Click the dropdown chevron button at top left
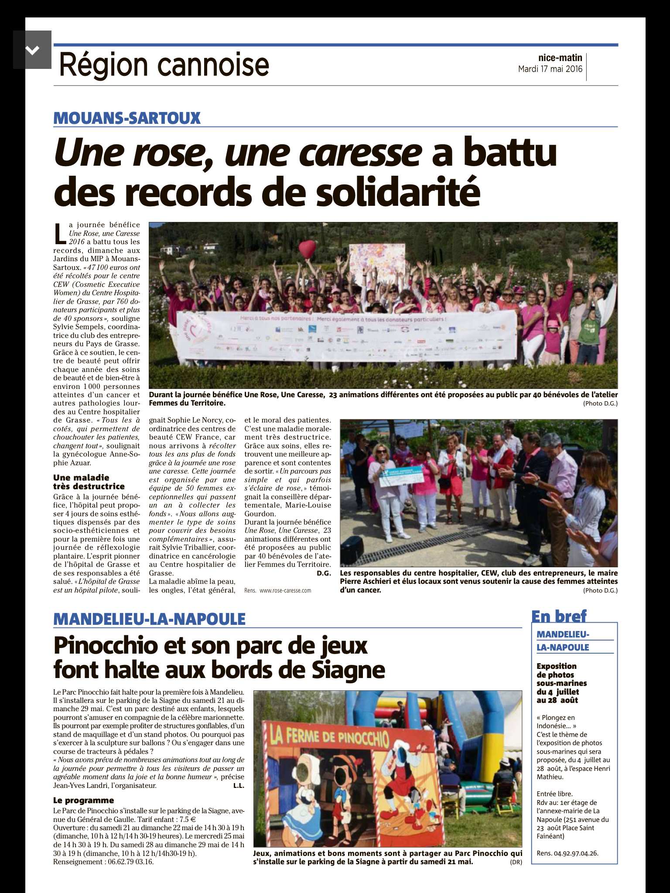point(32,50)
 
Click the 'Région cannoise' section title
point(164,65)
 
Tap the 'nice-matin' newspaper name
point(560,58)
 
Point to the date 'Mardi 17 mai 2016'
point(550,69)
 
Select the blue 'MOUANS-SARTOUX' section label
point(127,118)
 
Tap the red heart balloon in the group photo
point(307,249)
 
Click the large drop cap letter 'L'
point(60,234)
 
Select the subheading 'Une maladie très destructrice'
point(89,482)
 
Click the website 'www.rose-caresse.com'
point(285,590)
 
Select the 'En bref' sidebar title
point(559,616)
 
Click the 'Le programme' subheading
point(84,800)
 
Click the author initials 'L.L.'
point(239,786)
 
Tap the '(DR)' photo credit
point(516,862)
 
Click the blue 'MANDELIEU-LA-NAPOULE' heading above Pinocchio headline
point(149,619)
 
